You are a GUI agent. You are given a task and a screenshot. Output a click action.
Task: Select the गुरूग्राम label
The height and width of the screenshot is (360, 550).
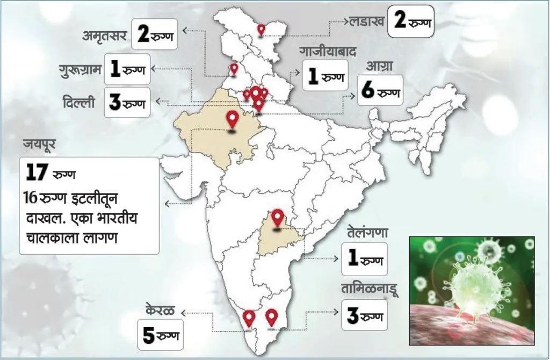tap(82, 69)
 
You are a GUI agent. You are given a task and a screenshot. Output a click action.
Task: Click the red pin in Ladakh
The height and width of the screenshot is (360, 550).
tap(261, 30)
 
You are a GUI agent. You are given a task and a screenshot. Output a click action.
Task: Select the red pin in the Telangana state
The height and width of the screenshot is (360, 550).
tap(277, 218)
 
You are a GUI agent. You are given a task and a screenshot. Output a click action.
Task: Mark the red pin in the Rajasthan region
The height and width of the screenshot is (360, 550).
tap(232, 119)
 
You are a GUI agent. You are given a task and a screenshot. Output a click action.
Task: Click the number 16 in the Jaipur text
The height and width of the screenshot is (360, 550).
tap(30, 197)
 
